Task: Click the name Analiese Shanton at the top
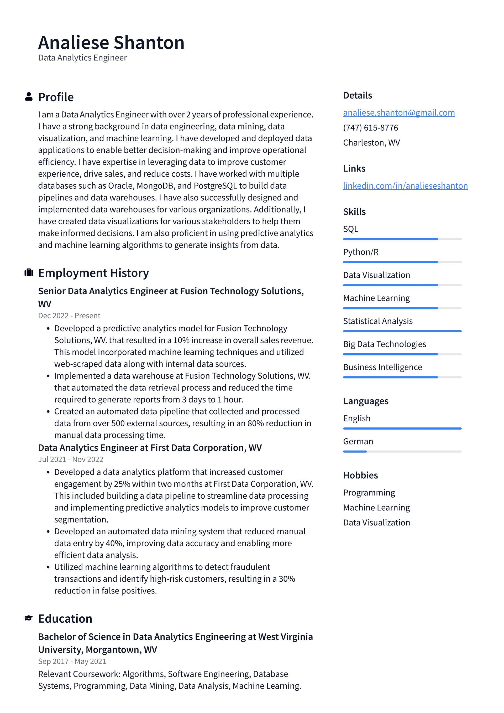click(x=111, y=43)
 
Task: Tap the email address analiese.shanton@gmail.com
click(x=399, y=113)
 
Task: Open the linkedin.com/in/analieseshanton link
click(x=405, y=186)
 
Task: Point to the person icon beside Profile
click(x=29, y=97)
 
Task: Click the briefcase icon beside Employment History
click(x=29, y=273)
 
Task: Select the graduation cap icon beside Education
click(x=29, y=618)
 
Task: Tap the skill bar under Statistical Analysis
click(x=402, y=331)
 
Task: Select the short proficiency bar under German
click(x=355, y=452)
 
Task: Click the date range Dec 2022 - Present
click(x=69, y=316)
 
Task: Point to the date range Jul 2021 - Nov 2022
click(x=70, y=459)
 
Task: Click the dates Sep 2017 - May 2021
click(x=72, y=661)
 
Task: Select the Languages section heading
click(x=366, y=401)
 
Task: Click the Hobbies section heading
click(x=360, y=475)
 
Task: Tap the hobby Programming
click(x=369, y=493)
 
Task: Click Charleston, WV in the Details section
click(x=371, y=143)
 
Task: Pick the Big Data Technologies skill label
click(x=384, y=344)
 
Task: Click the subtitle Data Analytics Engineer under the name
click(x=82, y=58)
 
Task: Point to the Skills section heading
click(x=354, y=212)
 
